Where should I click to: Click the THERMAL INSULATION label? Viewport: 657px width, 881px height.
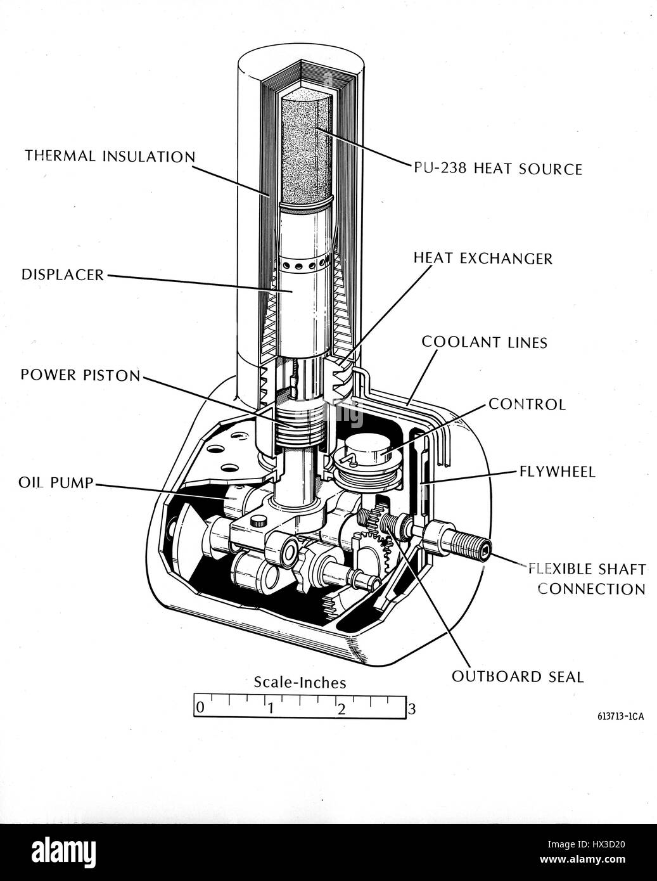110,156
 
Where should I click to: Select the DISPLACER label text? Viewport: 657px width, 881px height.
62,275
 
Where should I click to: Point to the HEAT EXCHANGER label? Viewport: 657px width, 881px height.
483,259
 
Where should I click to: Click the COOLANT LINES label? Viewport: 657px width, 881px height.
484,342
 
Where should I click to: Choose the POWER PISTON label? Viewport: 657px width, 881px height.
80,375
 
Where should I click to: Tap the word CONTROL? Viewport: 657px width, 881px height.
526,404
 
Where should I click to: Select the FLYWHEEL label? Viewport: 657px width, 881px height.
557,472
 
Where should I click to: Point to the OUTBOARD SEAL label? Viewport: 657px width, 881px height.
517,677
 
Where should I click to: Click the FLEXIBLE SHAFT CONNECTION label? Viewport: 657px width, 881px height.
587,579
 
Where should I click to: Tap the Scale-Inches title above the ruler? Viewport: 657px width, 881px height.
300,683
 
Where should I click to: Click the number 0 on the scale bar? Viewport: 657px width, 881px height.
200,707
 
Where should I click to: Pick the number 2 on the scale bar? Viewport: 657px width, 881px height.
341,709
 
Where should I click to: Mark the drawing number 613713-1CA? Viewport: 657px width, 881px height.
620,717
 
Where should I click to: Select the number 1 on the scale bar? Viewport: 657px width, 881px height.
270,709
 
